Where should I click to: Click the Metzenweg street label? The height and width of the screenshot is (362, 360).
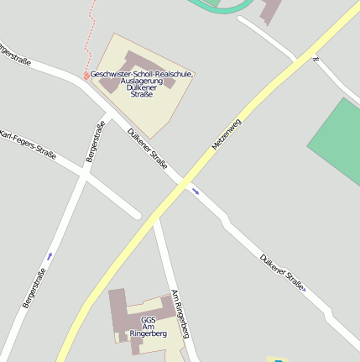pyautogui.click(x=227, y=134)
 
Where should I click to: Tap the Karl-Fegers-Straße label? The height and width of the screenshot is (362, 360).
pyautogui.click(x=28, y=144)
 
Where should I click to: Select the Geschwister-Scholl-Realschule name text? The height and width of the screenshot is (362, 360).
pyautogui.click(x=142, y=75)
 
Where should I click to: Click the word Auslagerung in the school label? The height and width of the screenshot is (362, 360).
pyautogui.click(x=142, y=81)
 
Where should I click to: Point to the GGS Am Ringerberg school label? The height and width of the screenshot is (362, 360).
pyautogui.click(x=149, y=327)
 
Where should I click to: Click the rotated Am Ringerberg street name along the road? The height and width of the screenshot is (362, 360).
pyautogui.click(x=182, y=314)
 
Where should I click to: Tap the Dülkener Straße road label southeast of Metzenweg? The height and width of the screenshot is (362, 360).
pyautogui.click(x=282, y=273)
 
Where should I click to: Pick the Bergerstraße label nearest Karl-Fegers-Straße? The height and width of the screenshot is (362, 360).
pyautogui.click(x=94, y=141)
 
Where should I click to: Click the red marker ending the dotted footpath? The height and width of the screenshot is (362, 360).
pyautogui.click(x=86, y=76)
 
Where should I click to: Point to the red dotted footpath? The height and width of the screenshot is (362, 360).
pyautogui.click(x=89, y=34)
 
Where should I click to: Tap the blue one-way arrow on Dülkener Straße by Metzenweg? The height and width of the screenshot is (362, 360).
pyautogui.click(x=196, y=191)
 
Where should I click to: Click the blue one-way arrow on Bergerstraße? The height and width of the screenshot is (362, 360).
pyautogui.click(x=50, y=254)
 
